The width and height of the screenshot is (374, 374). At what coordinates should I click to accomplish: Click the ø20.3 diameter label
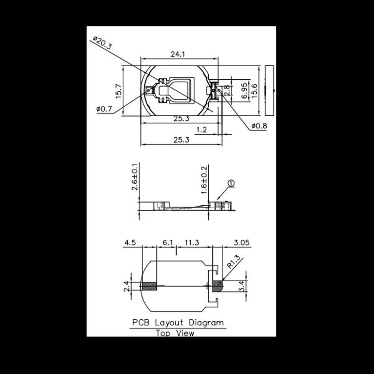point(102,43)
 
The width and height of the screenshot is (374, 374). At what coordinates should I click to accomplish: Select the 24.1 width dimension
point(178,54)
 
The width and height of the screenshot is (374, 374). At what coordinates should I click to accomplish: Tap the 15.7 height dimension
point(119,91)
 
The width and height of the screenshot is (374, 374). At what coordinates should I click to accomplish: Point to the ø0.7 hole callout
point(104,109)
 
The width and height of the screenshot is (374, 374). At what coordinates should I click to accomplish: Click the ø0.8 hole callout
point(259,126)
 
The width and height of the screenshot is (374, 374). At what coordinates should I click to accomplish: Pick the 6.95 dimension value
point(244,91)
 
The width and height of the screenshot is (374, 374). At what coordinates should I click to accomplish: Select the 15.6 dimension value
point(254,91)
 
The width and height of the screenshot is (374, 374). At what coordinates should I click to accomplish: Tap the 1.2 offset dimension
point(201,130)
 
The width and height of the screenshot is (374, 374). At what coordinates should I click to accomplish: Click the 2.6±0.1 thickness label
point(135,177)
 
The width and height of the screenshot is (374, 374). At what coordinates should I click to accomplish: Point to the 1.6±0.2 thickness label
point(204,180)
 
